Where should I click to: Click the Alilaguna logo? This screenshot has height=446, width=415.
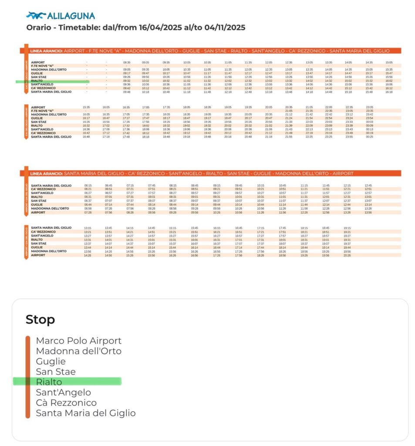tap(60, 16)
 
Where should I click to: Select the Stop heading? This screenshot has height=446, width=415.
tap(40, 320)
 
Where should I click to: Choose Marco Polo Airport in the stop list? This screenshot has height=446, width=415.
tap(78, 341)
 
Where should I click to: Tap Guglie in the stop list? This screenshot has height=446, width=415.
tap(51, 362)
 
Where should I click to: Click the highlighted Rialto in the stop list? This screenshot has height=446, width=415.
tap(49, 382)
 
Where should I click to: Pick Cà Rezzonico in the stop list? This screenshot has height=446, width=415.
tap(66, 403)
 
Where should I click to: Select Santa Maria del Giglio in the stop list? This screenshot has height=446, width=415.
tap(85, 413)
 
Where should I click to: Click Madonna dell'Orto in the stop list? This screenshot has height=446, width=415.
tap(78, 351)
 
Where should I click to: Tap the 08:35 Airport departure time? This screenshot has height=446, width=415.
tap(127, 62)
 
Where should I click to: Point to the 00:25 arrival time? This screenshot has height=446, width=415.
tap(369, 137)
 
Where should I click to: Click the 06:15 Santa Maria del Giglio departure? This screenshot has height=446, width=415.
tap(88, 185)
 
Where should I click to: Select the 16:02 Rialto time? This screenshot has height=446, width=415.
tap(389, 81)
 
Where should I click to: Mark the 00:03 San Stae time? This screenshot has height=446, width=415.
tap(369, 122)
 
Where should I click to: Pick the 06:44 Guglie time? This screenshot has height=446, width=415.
tap(88, 204)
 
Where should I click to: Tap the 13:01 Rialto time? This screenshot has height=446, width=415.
tap(368, 197)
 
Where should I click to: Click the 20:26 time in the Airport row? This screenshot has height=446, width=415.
tap(347, 255)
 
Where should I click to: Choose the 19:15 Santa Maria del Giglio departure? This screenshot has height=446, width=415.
tap(347, 228)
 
